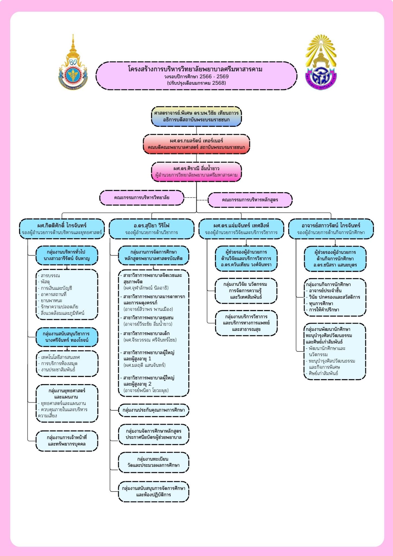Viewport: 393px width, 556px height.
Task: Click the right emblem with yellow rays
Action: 321,64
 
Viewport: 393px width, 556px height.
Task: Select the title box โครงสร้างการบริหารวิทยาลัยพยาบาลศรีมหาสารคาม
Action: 196,76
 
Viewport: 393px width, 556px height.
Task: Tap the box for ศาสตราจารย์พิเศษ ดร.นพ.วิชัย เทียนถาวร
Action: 196,116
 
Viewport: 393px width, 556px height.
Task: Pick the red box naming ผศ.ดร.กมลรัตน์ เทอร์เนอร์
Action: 196,144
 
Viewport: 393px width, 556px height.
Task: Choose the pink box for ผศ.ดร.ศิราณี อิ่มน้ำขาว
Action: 196,172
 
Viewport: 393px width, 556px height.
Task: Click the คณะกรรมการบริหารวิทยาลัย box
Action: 142,198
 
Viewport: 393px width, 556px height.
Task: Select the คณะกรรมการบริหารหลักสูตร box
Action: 250,200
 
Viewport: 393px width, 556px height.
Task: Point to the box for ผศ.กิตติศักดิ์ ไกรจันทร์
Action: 62,229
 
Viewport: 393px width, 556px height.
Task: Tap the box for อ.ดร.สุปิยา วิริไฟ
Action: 151,229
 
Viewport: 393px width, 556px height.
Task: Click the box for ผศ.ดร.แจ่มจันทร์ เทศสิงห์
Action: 241,229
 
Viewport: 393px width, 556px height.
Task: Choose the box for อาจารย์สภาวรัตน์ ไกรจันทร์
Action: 331,229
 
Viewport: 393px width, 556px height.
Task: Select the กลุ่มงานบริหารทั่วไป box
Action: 67,255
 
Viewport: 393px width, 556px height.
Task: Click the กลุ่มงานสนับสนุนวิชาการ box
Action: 67,337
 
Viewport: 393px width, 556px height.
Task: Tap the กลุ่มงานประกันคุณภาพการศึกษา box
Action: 154,410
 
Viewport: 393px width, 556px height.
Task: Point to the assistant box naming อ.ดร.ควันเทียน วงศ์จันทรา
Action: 246,258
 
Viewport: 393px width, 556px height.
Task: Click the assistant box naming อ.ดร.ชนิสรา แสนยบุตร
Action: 335,259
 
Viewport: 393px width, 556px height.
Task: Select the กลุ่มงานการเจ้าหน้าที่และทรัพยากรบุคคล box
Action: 67,441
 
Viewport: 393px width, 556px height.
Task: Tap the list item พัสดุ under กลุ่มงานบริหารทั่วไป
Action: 46,282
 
